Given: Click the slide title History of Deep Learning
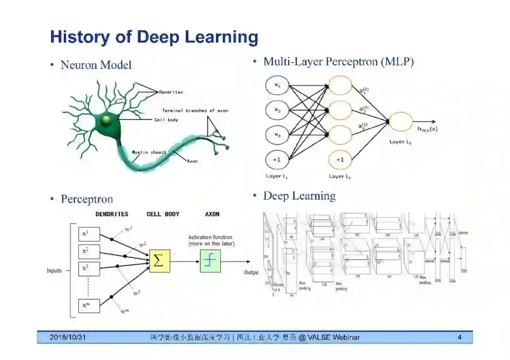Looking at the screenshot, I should click(x=154, y=37).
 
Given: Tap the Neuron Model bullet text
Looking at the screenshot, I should click(x=96, y=65).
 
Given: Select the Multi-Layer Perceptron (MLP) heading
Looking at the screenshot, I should click(x=338, y=61).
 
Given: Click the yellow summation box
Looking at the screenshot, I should click(x=159, y=261).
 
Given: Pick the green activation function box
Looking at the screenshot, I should click(x=210, y=261).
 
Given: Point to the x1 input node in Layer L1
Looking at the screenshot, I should click(x=277, y=86).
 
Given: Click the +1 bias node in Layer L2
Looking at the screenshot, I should click(x=340, y=160).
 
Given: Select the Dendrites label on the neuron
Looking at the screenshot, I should click(x=170, y=92).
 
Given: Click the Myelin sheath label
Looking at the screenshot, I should click(x=149, y=152).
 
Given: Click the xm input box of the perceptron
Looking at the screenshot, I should click(x=89, y=305).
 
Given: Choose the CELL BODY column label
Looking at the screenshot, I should click(x=163, y=214).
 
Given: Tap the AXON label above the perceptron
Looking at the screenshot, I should click(x=212, y=214).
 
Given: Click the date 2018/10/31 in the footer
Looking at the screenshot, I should click(x=68, y=337).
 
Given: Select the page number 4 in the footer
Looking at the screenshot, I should click(x=459, y=337).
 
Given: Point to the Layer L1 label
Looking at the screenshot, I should click(x=277, y=176).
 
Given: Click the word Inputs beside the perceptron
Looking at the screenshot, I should click(x=54, y=271).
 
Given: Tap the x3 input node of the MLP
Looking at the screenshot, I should click(x=277, y=135).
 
